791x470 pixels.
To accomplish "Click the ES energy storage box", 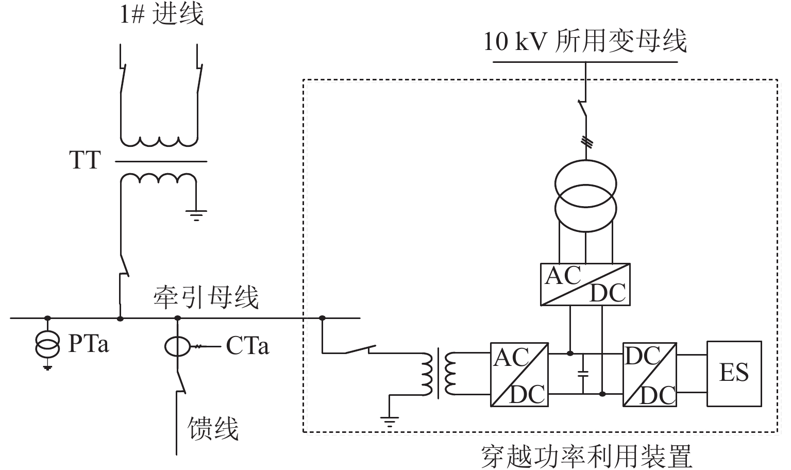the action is pyautogui.click(x=734, y=374).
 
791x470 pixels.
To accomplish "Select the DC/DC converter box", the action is pyautogui.click(x=650, y=375).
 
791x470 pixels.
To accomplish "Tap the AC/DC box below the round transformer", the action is pyautogui.click(x=585, y=284).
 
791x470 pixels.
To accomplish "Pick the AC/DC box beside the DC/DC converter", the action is pyautogui.click(x=519, y=375).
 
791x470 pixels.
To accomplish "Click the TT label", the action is pyautogui.click(x=85, y=160).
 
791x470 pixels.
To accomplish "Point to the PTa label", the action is pyautogui.click(x=89, y=343).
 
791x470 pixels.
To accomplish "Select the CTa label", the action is pyautogui.click(x=247, y=345).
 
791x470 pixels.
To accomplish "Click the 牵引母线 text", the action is pyautogui.click(x=206, y=298).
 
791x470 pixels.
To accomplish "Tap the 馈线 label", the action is pyautogui.click(x=213, y=428).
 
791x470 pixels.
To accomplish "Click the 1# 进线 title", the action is pyautogui.click(x=162, y=14).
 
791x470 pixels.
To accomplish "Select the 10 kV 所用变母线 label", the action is pyautogui.click(x=585, y=41).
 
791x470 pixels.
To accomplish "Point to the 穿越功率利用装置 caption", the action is pyautogui.click(x=586, y=457).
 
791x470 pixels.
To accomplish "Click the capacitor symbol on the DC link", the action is pyautogui.click(x=583, y=374).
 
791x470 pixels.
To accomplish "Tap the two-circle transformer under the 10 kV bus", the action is pyautogui.click(x=586, y=196).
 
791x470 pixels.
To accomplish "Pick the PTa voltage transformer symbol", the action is pyautogui.click(x=47, y=344).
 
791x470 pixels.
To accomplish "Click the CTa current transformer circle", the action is pyautogui.click(x=177, y=346).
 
